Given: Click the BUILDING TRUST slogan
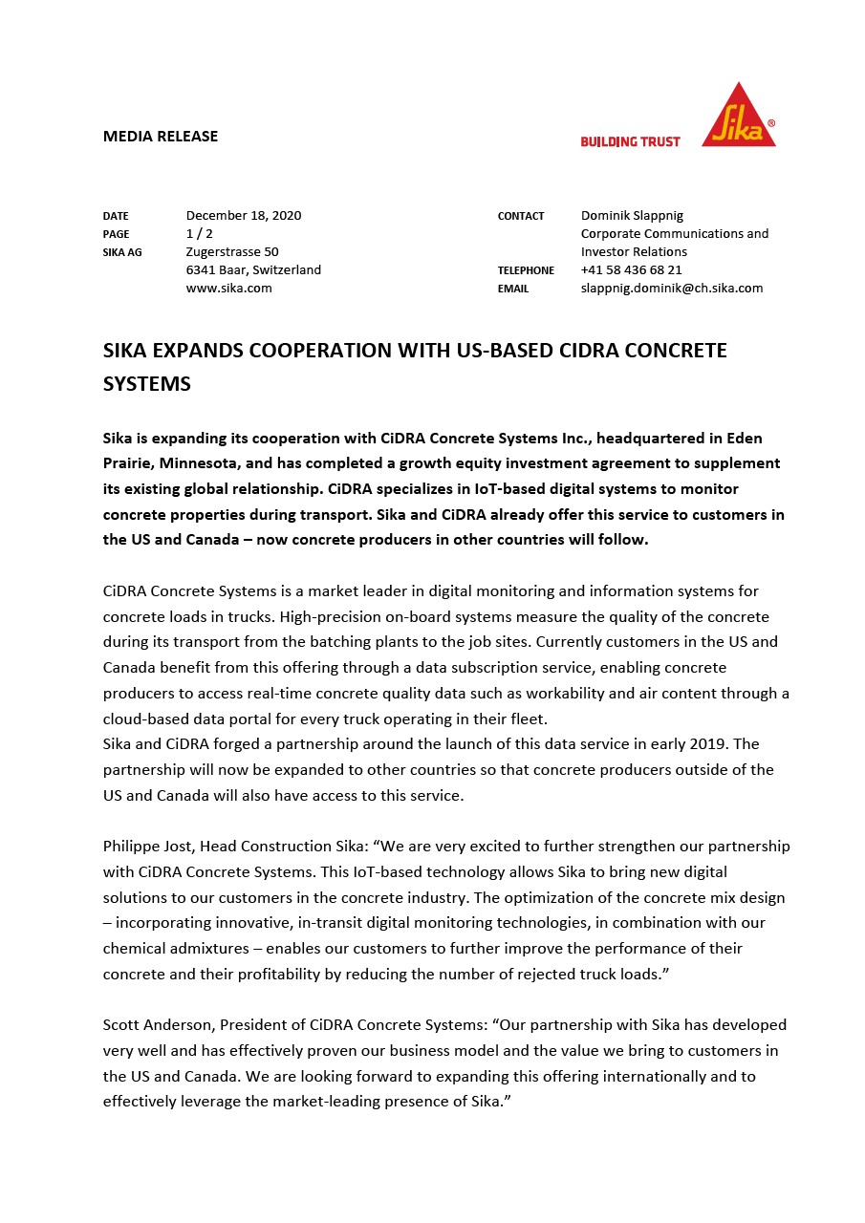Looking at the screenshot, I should point(630,141).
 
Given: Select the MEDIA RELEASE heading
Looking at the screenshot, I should point(161,137).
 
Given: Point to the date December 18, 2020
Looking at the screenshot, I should point(244,216).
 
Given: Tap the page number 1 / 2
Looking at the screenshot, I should point(200,234).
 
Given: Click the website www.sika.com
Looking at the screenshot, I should point(229,289).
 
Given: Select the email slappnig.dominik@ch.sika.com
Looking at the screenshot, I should point(672,289).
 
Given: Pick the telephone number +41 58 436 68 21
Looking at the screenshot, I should point(632,270).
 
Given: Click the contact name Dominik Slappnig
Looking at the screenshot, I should point(632,216).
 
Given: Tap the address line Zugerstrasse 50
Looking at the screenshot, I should point(232,252).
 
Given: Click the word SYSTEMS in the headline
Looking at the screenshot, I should point(147,384).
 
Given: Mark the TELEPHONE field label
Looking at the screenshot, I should point(526,271).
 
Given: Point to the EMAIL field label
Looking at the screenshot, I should point(512,289).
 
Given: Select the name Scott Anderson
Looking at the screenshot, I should point(158,1025).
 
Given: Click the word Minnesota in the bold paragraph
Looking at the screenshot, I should point(202,463).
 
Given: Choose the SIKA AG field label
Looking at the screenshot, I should point(122,252).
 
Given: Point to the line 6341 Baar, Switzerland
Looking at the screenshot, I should point(253,270).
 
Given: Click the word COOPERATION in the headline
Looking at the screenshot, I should point(330,351).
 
